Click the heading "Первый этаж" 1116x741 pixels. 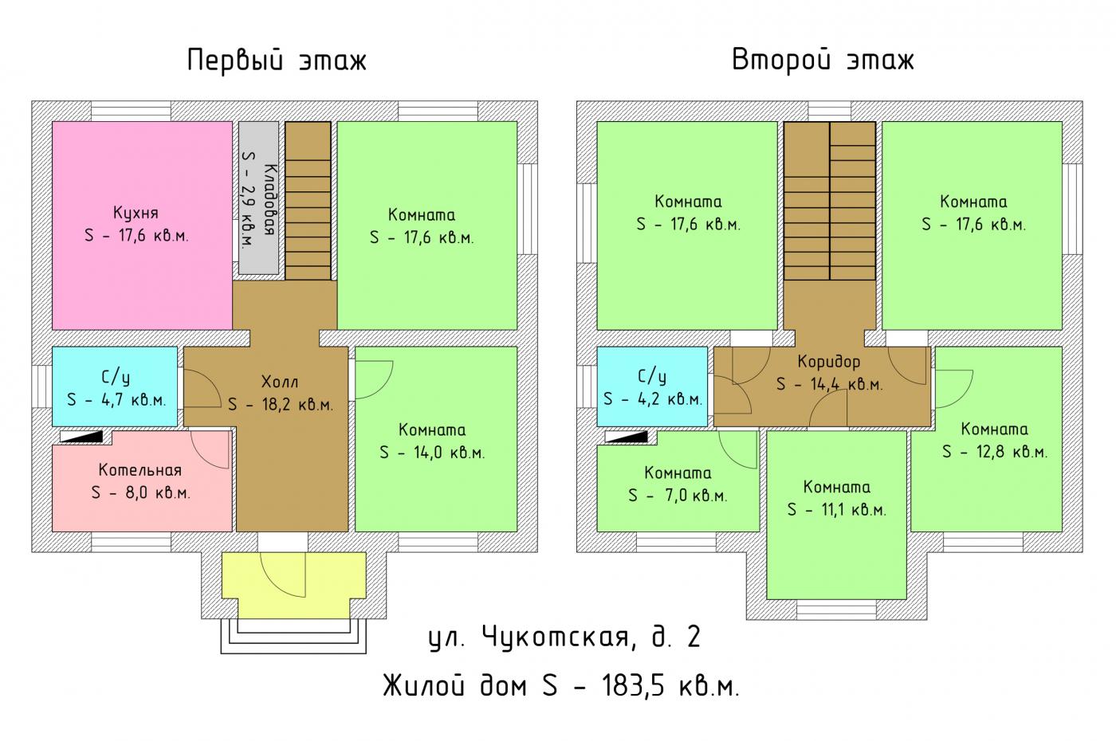[x=277, y=61]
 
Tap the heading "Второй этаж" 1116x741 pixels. [x=823, y=61]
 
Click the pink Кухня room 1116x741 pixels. [x=142, y=225]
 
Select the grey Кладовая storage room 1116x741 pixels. [x=258, y=198]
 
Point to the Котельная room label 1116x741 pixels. [x=140, y=469]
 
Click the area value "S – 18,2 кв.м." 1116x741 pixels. [x=281, y=405]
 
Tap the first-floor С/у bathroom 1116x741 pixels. [x=115, y=386]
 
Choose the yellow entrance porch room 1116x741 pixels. [x=294, y=584]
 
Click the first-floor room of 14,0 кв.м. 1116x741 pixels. [x=436, y=439]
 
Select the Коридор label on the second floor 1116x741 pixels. [x=828, y=362]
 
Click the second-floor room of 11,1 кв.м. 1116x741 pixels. [x=836, y=515]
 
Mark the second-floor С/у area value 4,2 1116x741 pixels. [x=653, y=399]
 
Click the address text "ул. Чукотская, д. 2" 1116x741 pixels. [x=565, y=637]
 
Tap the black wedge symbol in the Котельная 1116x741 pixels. [x=81, y=437]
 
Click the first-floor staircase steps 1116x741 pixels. [x=308, y=201]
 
